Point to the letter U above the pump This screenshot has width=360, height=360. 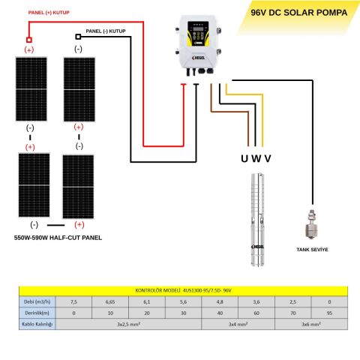click(244, 158)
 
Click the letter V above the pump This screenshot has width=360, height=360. click(268, 158)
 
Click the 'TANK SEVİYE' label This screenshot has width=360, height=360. click(312, 250)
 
